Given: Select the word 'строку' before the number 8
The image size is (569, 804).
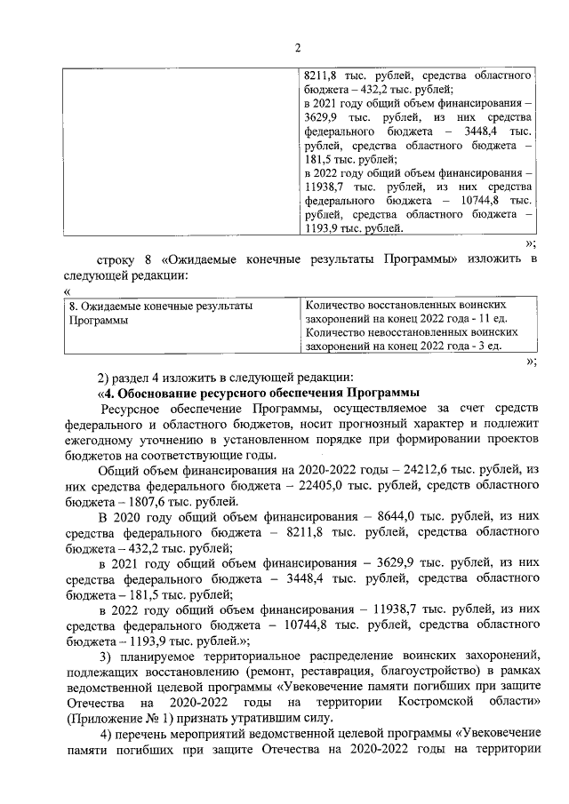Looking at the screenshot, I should [117, 259].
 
